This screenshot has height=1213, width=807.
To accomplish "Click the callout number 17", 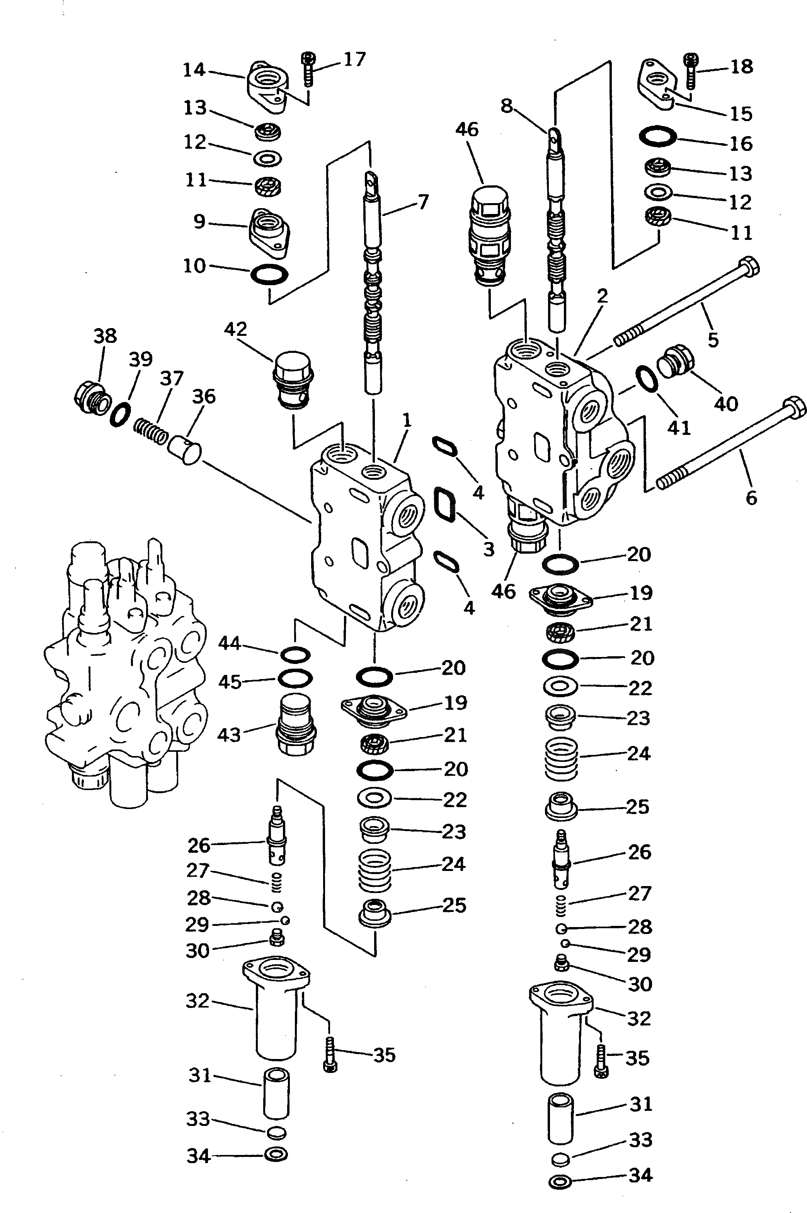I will pos(354,59).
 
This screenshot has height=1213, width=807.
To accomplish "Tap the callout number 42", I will pos(235,329).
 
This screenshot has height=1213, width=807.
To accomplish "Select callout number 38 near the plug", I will pos(105,336).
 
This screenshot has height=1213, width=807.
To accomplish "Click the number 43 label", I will pos(229,735).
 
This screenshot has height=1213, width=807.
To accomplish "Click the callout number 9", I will pos(199,221).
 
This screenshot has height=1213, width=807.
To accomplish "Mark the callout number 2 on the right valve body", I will pos(602,296).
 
